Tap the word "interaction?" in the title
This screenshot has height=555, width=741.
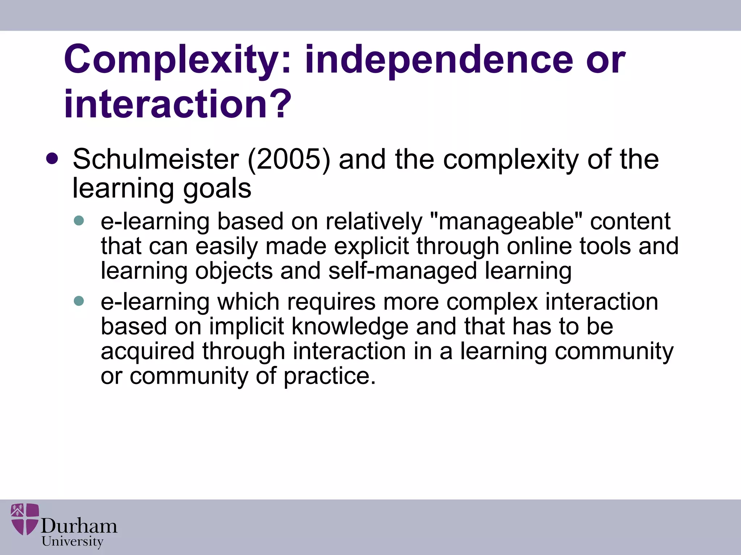[x=178, y=104]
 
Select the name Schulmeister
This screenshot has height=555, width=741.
[x=156, y=159]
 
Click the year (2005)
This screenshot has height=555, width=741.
[x=289, y=159]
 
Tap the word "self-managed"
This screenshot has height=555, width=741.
[x=402, y=271]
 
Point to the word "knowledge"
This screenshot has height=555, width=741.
[x=350, y=326]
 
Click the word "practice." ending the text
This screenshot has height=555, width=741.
[x=330, y=376]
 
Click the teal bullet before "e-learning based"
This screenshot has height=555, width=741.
[x=79, y=221]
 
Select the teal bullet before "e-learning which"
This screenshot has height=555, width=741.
[x=79, y=301]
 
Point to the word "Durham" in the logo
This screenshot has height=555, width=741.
[x=79, y=526]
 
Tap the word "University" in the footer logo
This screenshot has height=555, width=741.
[x=72, y=542]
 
